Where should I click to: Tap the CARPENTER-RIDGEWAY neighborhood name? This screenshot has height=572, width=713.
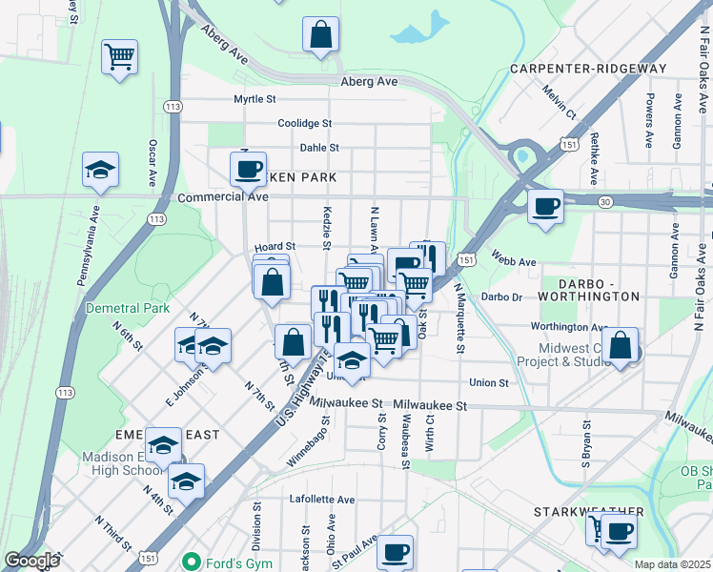[x=587, y=69]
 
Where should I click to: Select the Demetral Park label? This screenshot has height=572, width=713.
[x=128, y=308]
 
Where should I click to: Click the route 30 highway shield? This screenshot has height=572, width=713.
[x=605, y=201]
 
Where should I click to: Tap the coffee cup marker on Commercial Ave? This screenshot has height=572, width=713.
[x=248, y=170]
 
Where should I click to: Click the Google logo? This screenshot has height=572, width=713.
[x=31, y=561]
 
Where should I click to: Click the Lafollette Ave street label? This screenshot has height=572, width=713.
[x=322, y=500]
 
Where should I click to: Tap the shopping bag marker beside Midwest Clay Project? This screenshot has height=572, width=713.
[x=620, y=348]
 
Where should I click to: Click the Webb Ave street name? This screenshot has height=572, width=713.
[x=514, y=261]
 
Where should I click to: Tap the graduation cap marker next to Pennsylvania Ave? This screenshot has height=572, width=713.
[x=100, y=171]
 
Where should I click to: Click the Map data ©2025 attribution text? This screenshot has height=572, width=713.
[x=673, y=564]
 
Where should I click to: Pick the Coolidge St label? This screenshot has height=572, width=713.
[x=304, y=123]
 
